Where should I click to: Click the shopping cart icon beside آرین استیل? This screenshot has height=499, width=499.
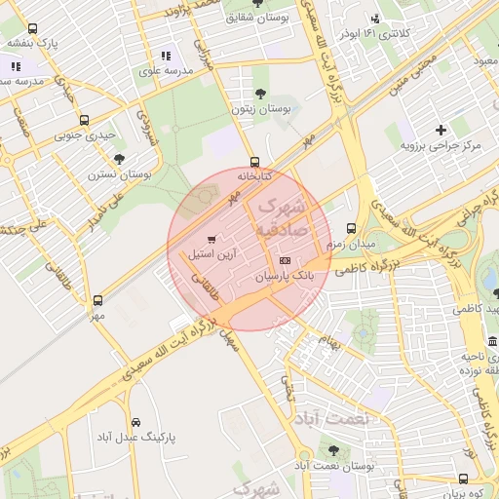click(x=211, y=240)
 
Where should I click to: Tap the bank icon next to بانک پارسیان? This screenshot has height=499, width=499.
click(x=285, y=261)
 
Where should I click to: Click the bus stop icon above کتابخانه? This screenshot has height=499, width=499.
click(x=255, y=162)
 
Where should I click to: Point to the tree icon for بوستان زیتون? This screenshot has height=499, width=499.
click(x=259, y=94)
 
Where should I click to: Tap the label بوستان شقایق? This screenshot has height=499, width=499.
click(x=255, y=17)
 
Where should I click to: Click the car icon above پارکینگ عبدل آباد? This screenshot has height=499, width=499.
click(x=135, y=423)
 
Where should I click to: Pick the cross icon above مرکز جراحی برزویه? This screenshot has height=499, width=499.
click(x=441, y=129)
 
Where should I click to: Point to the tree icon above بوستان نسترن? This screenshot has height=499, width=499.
click(x=119, y=159)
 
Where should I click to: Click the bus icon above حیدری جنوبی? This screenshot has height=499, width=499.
click(x=84, y=121)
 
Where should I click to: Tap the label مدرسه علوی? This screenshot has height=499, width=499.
click(x=165, y=71)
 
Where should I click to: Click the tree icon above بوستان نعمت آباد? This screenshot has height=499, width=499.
click(x=334, y=450)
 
